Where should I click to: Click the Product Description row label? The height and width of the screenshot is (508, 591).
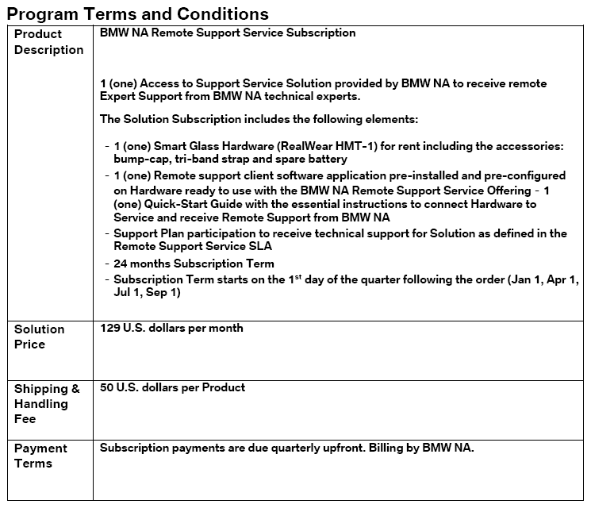point(48,42)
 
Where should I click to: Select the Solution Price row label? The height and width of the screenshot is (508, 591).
point(40,337)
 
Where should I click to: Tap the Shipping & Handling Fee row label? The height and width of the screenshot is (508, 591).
point(47,403)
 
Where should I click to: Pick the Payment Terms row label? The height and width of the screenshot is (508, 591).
point(40,456)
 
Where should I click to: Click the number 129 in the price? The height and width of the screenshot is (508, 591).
point(111,328)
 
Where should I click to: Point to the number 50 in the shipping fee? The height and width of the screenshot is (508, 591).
point(108,387)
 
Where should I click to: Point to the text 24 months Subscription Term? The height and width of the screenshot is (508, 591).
point(194,264)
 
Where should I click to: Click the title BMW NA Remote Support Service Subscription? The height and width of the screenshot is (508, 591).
point(228,33)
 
